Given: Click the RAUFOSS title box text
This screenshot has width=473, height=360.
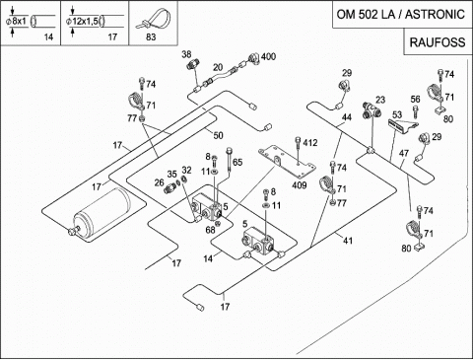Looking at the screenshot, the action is point(438,42).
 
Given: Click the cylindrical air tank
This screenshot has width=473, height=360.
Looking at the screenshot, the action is point(101,211).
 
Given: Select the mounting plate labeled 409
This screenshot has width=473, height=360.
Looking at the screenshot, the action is point(288,163).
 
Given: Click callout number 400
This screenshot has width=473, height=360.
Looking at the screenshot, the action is point(268,56).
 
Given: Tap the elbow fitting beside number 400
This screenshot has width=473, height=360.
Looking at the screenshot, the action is point(254,58).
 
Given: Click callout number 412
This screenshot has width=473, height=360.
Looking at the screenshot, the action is point(310,143).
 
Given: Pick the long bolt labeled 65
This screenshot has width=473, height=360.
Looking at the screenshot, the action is point(229,160).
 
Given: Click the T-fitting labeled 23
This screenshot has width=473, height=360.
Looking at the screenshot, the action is point(372,110).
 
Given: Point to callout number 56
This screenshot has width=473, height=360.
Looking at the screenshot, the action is point(415,100).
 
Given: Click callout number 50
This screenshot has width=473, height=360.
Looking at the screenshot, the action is point(218,135).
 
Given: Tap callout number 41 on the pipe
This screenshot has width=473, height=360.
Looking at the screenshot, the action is point(348,241).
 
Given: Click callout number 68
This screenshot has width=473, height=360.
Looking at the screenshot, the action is point(210,230).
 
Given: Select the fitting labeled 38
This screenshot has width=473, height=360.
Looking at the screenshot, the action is point(191,63).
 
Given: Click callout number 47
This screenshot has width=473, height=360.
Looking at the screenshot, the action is point(404,154).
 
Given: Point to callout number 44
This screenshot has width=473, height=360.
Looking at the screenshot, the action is point(347,117).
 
